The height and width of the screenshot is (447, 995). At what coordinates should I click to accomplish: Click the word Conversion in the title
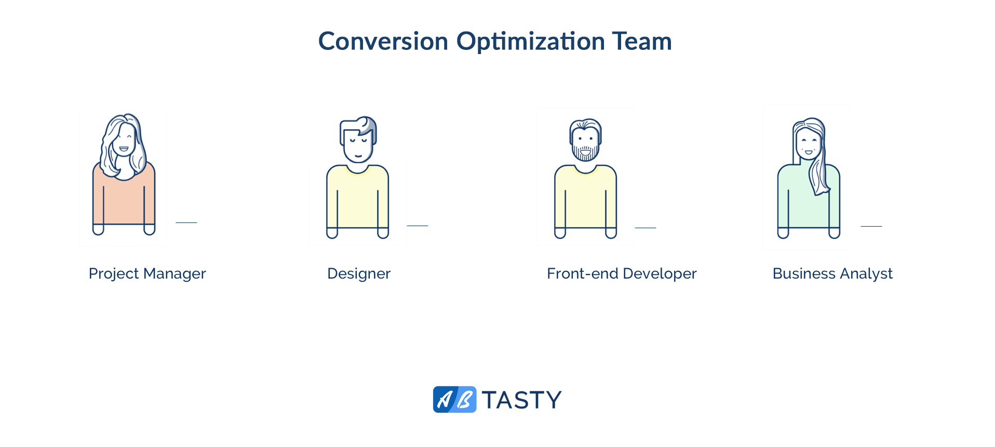click(383, 41)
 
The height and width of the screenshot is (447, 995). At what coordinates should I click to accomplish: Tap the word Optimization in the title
click(531, 42)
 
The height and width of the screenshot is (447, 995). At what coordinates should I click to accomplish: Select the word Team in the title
click(642, 41)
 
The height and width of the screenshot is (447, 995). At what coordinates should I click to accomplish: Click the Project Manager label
click(147, 274)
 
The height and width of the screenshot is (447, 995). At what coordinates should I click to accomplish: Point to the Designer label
click(359, 274)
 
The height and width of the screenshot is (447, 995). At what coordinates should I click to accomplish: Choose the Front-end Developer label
click(622, 274)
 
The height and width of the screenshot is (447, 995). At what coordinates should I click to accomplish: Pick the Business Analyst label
click(832, 274)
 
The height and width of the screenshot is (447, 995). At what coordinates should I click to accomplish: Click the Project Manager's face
click(124, 140)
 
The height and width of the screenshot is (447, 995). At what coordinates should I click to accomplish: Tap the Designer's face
click(358, 145)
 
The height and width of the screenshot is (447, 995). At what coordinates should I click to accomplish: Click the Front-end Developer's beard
click(585, 153)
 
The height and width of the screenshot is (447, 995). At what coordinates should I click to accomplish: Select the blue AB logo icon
click(454, 400)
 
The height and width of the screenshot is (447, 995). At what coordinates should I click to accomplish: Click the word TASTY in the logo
click(521, 400)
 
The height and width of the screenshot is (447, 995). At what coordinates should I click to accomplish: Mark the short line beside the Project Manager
click(186, 222)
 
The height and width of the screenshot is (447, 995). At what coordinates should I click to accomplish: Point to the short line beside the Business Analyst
click(871, 226)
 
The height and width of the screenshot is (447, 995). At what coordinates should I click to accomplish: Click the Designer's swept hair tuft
click(368, 124)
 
